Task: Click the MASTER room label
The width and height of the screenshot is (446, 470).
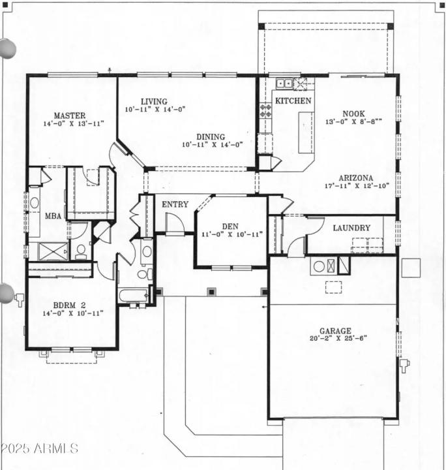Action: [70, 116]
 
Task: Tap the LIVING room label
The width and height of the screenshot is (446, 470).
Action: [154, 102]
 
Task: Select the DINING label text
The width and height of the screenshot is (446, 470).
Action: [211, 137]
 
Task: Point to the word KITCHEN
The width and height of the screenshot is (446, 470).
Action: [293, 101]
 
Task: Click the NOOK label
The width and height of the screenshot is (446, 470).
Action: [353, 114]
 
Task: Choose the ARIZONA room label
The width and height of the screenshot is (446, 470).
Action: [356, 178]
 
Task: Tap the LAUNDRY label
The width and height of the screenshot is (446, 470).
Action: [351, 228]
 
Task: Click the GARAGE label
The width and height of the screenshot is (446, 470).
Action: [335, 331]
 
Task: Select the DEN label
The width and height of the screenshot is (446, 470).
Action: [230, 227]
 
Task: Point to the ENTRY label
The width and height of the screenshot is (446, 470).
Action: [175, 204]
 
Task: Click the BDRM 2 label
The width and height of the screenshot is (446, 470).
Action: [70, 305]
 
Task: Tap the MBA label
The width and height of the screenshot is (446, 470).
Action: [53, 216]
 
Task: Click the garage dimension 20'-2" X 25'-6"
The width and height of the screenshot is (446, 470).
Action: [338, 338]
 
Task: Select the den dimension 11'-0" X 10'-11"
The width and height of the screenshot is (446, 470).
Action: [231, 234]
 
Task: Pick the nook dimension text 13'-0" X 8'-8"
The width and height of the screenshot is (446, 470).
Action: [353, 121]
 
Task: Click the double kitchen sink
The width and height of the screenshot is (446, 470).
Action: [284, 83]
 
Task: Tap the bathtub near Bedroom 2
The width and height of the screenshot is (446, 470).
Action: [134, 296]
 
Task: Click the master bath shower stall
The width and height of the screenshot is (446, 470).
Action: [53, 251]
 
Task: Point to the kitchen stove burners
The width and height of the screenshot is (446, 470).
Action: [265, 110]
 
